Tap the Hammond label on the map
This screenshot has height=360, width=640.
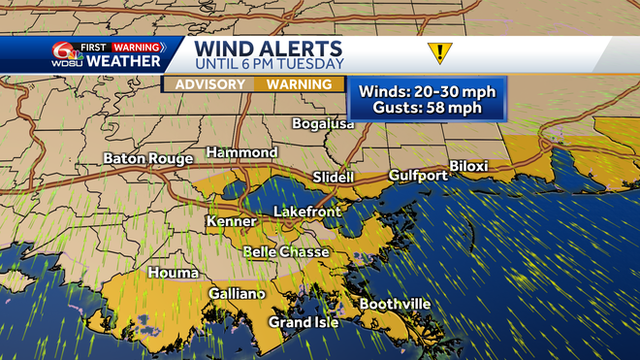tap(241, 153)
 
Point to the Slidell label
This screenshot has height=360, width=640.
tap(334, 178)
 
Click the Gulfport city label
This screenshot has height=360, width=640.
tap(418, 176)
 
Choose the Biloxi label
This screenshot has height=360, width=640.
tap(468, 167)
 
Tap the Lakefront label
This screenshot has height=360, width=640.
tap(304, 211)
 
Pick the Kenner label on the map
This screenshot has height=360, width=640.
tap(231, 222)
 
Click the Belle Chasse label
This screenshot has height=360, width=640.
tap(285, 251)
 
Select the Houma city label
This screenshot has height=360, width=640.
tap(173, 274)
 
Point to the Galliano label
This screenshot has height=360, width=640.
tap(237, 294)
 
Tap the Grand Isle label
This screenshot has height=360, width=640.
tap(304, 322)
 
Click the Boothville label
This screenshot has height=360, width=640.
tap(395, 304)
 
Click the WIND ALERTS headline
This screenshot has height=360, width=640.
tap(269, 48)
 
